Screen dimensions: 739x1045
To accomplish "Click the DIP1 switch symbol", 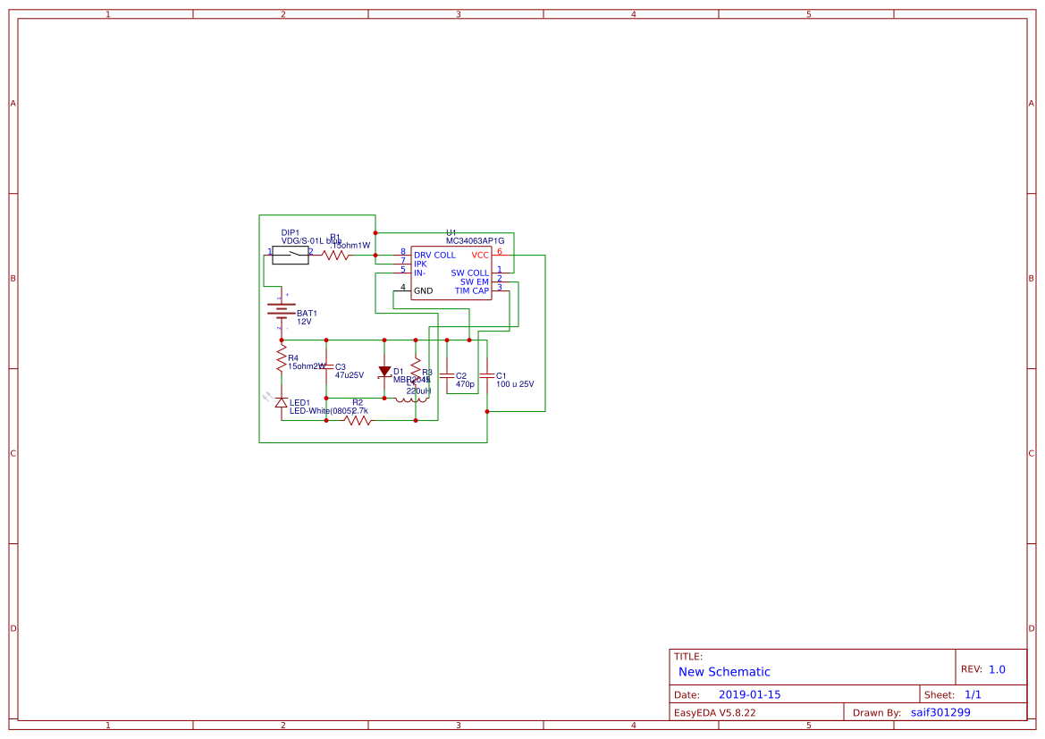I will coord(290,256).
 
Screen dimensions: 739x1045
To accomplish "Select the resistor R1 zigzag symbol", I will coord(335,256).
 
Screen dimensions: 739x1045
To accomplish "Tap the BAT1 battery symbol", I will coord(282,310).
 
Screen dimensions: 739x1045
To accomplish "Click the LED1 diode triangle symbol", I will coord(282,403).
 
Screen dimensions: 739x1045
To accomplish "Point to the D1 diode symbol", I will coord(384,371).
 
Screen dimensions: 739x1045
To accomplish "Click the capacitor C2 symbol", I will coord(447,375).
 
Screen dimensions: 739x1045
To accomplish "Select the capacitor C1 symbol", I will coord(487,375).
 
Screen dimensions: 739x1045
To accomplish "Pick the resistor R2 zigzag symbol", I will coord(358,420).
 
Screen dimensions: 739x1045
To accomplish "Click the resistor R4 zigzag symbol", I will coord(282,359).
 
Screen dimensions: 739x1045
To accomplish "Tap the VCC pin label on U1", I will coord(480,255).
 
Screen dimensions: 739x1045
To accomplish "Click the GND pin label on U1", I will coord(423,290).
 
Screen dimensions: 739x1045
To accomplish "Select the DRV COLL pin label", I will coord(434,255).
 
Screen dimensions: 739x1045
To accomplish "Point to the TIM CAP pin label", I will coord(471,290).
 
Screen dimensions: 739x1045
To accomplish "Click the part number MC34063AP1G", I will coord(475,240).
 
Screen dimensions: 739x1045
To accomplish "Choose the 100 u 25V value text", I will coord(515,384).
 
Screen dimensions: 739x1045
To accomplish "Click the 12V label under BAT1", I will coord(305,322).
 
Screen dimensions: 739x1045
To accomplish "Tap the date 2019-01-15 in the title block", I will coord(749,694).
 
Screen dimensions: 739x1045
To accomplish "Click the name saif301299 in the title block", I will coord(940,712).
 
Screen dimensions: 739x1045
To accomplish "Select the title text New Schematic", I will coord(724,671).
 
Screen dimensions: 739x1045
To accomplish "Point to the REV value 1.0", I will coord(997,669).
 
